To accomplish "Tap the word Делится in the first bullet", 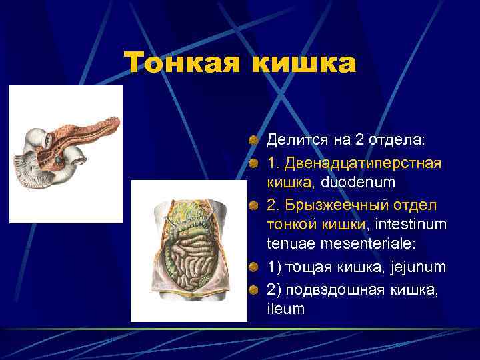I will [293, 141].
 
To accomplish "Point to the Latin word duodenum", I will [359, 182].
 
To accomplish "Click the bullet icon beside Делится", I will [253, 141].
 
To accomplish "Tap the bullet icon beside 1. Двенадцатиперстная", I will [253, 163].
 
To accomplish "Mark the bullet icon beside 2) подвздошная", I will [253, 289].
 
